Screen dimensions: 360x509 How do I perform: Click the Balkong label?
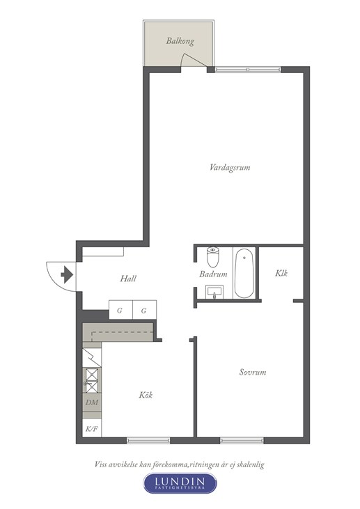click(180, 41)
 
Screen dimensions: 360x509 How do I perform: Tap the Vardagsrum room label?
click(230, 168)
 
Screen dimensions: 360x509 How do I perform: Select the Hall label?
click(128, 279)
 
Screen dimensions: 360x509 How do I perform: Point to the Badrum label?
click(213, 274)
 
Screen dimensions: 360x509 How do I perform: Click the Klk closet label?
click(281, 273)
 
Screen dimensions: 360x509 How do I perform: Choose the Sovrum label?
click(253, 372)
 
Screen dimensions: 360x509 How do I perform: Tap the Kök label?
click(146, 395)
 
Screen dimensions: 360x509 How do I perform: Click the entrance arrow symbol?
click(67, 274)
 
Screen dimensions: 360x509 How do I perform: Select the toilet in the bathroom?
click(213, 256)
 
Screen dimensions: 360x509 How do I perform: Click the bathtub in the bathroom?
click(244, 273)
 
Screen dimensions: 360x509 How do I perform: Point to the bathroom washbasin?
click(214, 292)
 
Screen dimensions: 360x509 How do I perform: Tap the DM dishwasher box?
click(92, 402)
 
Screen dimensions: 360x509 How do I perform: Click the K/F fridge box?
click(92, 428)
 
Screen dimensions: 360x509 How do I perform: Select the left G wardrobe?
click(120, 310)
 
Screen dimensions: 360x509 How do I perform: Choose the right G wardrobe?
click(144, 310)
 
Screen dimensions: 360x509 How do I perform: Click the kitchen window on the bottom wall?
click(148, 440)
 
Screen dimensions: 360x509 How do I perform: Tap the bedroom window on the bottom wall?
click(242, 440)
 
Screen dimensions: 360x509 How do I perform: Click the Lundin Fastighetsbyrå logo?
click(180, 483)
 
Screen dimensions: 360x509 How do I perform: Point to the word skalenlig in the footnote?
click(250, 464)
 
